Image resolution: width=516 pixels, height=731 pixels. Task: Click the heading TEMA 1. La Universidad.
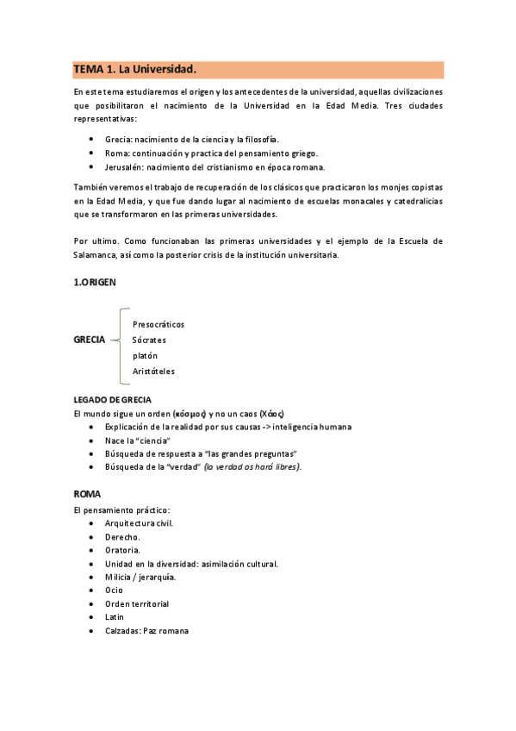click(135, 69)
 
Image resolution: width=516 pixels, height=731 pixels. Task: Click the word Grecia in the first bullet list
click(117, 140)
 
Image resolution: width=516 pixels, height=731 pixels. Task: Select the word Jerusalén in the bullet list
click(121, 167)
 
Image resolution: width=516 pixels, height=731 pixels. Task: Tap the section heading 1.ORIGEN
click(95, 281)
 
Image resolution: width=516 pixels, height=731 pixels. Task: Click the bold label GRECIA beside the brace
click(90, 340)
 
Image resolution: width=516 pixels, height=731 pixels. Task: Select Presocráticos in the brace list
click(159, 324)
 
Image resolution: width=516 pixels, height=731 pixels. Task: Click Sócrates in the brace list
click(150, 340)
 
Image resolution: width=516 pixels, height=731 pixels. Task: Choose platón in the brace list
click(145, 355)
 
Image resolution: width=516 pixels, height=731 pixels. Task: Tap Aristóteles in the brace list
click(153, 371)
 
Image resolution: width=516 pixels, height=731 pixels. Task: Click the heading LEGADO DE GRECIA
click(113, 400)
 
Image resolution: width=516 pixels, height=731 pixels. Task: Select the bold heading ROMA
click(87, 495)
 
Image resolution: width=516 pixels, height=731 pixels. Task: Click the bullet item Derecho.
click(122, 536)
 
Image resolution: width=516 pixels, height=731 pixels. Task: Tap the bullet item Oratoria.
click(122, 549)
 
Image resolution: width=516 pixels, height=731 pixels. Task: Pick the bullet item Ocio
click(114, 590)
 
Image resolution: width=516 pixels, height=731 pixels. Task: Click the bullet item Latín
click(115, 616)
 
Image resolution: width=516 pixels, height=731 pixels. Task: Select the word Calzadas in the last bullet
click(123, 630)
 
